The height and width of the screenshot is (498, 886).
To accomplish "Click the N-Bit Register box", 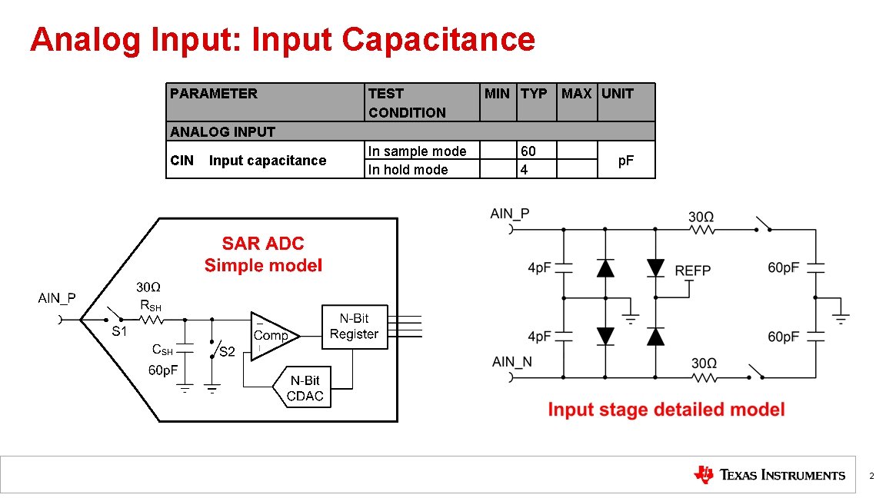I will point(354,327).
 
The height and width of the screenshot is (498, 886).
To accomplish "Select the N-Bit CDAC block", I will point(305,389).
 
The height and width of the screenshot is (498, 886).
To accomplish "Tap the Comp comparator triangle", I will point(271,336).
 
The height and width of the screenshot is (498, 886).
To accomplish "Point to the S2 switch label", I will point(228,352).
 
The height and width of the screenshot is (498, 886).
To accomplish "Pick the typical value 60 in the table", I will point(528,151).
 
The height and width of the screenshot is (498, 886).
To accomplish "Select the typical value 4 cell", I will point(525,170).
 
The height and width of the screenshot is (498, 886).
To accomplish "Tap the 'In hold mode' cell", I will point(408,170).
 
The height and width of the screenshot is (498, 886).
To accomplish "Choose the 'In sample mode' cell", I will point(417,151).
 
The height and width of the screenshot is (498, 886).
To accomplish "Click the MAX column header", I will point(576,94).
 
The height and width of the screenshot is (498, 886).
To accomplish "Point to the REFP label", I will point(692,271).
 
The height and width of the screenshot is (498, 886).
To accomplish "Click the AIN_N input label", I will point(511,362).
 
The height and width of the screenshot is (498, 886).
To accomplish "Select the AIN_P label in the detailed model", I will point(510,214).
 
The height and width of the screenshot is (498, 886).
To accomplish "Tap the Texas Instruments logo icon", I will point(703,475).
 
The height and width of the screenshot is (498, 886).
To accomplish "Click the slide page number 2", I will point(871,476).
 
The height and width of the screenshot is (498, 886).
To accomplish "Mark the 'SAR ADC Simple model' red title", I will point(263,254).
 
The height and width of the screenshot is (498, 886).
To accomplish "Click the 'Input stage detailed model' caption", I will point(666,410).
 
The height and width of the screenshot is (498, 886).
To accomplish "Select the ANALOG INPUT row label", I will point(222,131).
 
